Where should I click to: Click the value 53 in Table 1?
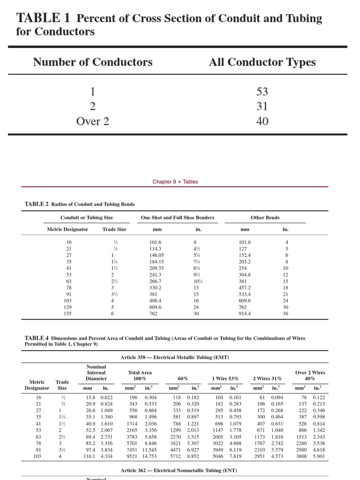(x=262, y=92)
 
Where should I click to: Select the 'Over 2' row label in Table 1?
(x=92, y=121)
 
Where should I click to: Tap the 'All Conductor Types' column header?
(x=262, y=62)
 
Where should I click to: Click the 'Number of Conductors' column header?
(x=92, y=62)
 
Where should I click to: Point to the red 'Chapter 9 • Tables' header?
(x=175, y=182)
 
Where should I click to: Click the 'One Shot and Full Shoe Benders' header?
(x=178, y=217)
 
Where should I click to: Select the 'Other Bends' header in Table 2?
(x=265, y=217)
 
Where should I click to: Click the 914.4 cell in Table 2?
(x=245, y=314)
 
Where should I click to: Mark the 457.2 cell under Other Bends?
(x=245, y=288)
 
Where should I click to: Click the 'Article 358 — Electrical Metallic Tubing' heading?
(x=174, y=357)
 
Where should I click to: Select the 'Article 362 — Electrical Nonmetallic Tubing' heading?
(x=179, y=470)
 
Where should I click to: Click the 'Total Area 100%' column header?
(x=140, y=375)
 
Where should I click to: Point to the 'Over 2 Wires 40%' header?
(x=310, y=375)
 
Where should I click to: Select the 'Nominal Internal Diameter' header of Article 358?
(x=96, y=373)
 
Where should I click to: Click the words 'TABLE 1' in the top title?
(x=43, y=18)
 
